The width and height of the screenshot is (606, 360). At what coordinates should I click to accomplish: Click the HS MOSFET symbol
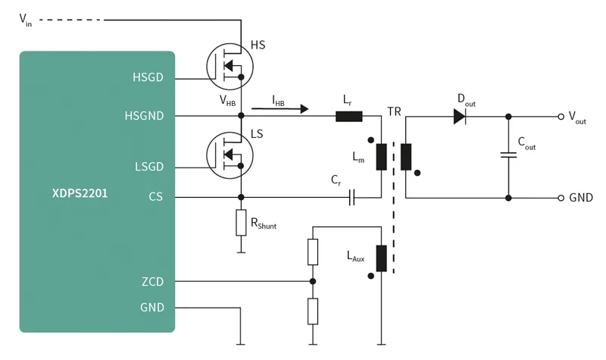point(230,67)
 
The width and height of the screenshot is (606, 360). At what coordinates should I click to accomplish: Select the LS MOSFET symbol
point(230,155)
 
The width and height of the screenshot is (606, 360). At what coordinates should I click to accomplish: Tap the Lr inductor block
point(348,117)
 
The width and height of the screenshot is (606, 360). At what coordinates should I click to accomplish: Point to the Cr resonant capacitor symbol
point(351,198)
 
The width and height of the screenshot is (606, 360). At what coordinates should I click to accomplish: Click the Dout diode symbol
point(460,117)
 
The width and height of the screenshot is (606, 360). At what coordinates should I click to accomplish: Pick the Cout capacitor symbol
point(508,155)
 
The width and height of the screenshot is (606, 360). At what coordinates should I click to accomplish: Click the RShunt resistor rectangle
point(241,223)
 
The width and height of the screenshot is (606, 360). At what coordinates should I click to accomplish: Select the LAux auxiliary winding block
point(382,258)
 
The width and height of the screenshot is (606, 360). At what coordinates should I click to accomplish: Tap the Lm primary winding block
point(382,157)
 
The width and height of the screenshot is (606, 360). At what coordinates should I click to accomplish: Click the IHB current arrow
point(280,109)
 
